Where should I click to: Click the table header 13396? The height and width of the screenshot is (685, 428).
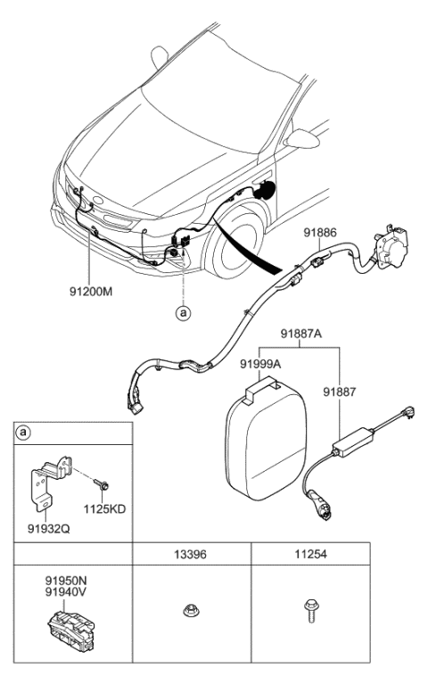191,553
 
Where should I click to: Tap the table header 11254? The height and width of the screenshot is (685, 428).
309,553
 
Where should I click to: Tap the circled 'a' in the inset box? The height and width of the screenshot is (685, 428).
23,434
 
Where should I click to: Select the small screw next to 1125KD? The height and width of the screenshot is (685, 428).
103,485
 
